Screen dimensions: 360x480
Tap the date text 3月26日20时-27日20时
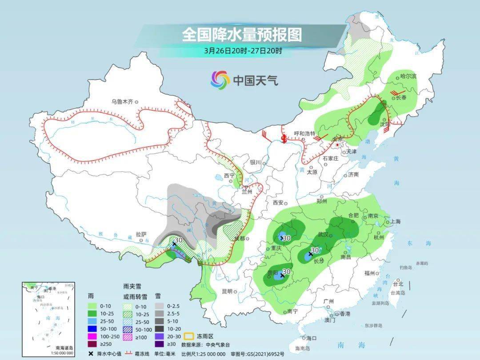pos(243,51)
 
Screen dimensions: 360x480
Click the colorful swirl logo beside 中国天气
pos(220,80)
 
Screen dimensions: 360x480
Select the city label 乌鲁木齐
pos(122,101)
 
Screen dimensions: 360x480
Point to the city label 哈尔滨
pos(408,76)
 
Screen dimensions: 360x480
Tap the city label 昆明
pos(227,292)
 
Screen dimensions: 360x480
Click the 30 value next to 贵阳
pos(287,271)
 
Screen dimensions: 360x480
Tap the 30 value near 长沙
pos(315,250)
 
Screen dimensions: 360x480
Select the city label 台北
pos(398,284)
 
